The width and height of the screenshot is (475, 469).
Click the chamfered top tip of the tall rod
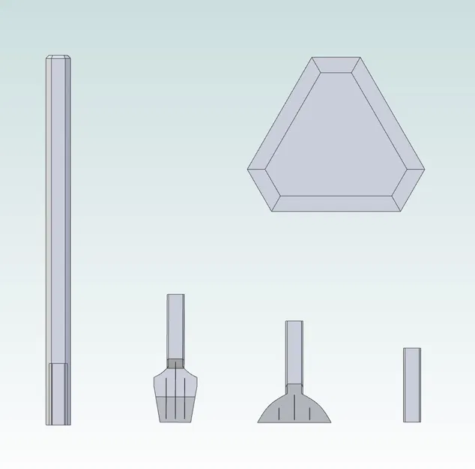[x=58, y=58]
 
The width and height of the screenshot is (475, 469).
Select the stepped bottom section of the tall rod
[x=58, y=394]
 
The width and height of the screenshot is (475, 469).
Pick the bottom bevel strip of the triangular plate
[x=336, y=203]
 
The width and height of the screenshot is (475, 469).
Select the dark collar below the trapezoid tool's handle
[x=175, y=364]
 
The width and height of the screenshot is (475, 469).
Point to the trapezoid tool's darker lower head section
[x=175, y=407]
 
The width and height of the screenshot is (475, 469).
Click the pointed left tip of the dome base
[x=261, y=419]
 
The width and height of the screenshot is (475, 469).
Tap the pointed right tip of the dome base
[x=327, y=419]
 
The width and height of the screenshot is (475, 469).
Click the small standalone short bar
[x=411, y=384]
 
